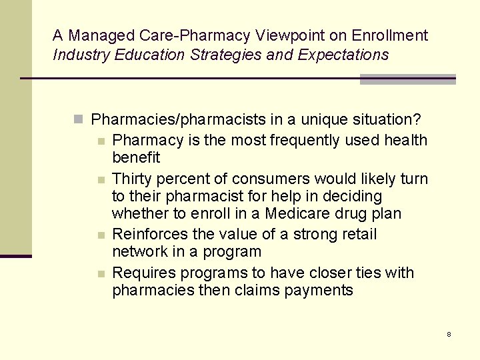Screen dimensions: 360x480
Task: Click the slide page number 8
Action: [x=449, y=334]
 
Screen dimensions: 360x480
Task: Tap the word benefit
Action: [x=136, y=157]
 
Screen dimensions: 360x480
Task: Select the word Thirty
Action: [x=131, y=179]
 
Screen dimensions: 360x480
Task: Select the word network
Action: [x=139, y=251]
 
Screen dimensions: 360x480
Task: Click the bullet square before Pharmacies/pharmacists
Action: [x=79, y=120]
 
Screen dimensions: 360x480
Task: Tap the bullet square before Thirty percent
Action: [x=100, y=179]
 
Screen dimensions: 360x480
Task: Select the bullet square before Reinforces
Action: [x=100, y=235]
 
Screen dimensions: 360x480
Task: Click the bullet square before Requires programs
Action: [x=100, y=273]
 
